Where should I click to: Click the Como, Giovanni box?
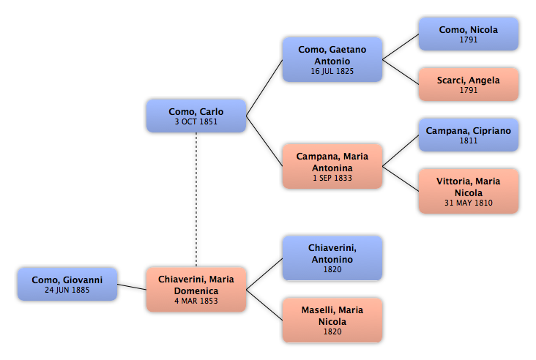67,284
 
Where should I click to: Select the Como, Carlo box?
196,116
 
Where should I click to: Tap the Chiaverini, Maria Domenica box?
196,290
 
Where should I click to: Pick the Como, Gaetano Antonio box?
332,60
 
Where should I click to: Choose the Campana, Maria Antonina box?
332,166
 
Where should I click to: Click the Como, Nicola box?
469,34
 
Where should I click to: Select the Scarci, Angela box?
469,84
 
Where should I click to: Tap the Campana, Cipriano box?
469,135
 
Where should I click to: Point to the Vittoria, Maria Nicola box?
469,191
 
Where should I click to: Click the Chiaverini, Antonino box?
332,258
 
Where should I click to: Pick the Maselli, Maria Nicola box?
332,320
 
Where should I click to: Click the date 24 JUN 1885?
67,290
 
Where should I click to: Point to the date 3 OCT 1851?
196,121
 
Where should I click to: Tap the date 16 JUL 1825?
332,71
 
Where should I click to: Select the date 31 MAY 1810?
469,203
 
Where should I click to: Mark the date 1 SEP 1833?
332,178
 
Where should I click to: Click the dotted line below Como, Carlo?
196,200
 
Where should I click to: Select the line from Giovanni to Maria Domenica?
132,287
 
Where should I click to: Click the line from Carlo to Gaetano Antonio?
264,88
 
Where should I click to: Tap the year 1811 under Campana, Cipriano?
469,140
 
